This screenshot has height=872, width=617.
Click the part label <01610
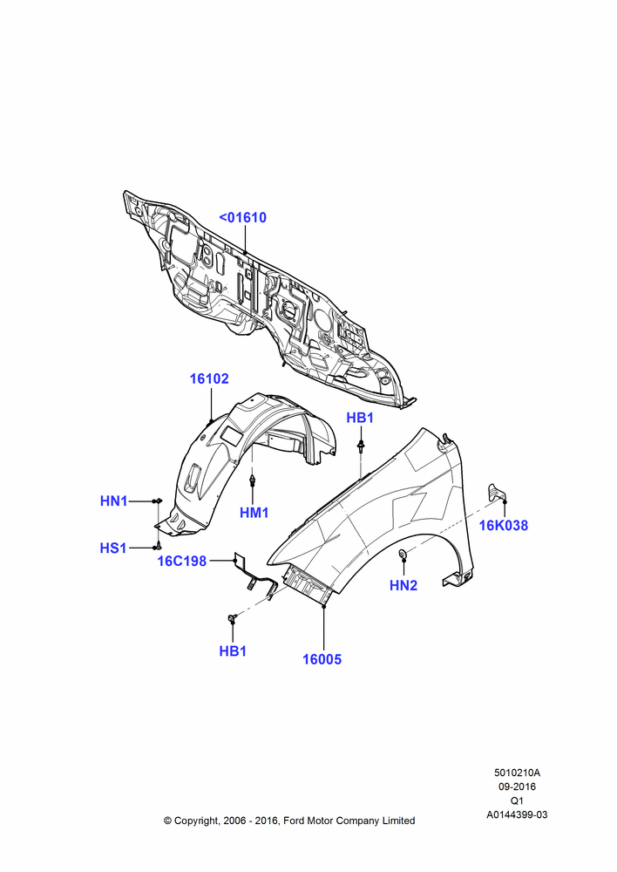(x=243, y=217)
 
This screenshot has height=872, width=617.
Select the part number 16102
(x=209, y=378)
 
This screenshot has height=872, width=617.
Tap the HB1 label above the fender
(x=360, y=418)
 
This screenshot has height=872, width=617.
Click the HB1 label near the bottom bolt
(x=233, y=651)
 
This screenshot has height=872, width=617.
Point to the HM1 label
(x=254, y=513)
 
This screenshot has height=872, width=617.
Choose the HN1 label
(x=114, y=501)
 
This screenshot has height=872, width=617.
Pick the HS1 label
(x=113, y=548)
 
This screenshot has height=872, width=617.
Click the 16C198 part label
(x=182, y=561)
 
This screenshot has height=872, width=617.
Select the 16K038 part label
(x=504, y=525)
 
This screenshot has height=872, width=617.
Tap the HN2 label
(x=403, y=585)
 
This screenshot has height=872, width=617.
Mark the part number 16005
(x=322, y=659)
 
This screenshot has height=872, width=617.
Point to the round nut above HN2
(x=403, y=554)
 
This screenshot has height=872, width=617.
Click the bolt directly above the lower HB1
(x=233, y=617)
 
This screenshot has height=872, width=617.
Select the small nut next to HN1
(x=158, y=501)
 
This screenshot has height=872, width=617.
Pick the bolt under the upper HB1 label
(x=362, y=445)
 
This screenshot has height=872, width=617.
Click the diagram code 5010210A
(x=517, y=773)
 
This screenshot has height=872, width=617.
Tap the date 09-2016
(x=517, y=787)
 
